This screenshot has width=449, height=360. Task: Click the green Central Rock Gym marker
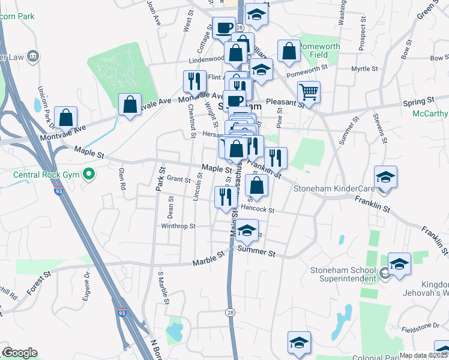89,175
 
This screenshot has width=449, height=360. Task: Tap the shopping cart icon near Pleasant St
309,92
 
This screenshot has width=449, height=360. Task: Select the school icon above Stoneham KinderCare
385,177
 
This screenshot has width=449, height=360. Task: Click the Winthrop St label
178,226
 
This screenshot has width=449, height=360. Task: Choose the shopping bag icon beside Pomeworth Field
289,51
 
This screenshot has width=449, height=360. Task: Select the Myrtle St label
364,69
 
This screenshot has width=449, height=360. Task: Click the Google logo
19,353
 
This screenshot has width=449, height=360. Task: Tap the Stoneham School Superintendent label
343,275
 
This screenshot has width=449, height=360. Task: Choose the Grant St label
178,179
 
